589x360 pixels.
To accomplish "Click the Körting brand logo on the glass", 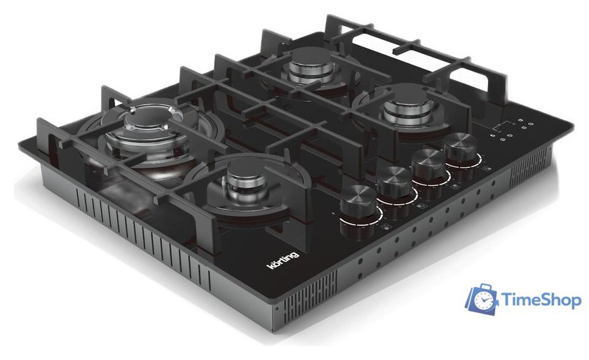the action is click(x=283, y=260).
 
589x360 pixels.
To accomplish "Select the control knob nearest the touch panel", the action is click(x=461, y=149).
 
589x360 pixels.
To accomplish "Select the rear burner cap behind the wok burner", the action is click(x=311, y=57).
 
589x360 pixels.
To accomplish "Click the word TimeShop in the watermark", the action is click(x=541, y=300).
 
